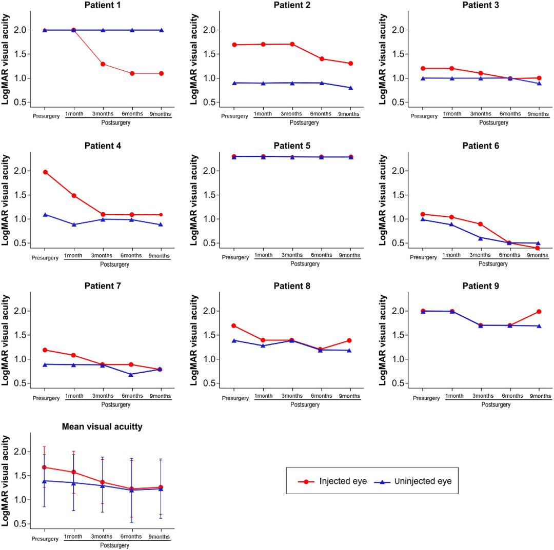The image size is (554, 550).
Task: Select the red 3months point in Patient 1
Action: click(x=103, y=64)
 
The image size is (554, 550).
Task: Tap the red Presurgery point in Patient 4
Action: click(x=45, y=172)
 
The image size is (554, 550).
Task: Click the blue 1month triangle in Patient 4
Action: click(x=74, y=225)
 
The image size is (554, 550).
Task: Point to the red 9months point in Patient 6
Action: click(x=538, y=248)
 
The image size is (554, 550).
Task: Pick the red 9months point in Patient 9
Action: click(x=538, y=312)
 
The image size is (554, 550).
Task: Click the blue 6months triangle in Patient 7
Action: click(x=131, y=375)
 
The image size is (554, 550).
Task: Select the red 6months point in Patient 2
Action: click(x=322, y=59)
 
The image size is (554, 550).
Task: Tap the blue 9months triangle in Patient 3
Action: click(x=538, y=83)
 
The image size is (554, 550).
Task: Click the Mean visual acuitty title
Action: click(x=102, y=426)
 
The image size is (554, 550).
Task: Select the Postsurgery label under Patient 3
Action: click(x=493, y=123)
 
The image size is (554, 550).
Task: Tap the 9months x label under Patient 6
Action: click(x=537, y=256)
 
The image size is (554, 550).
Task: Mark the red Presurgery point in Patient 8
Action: click(x=234, y=325)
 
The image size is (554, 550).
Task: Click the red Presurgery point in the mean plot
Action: click(x=45, y=467)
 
